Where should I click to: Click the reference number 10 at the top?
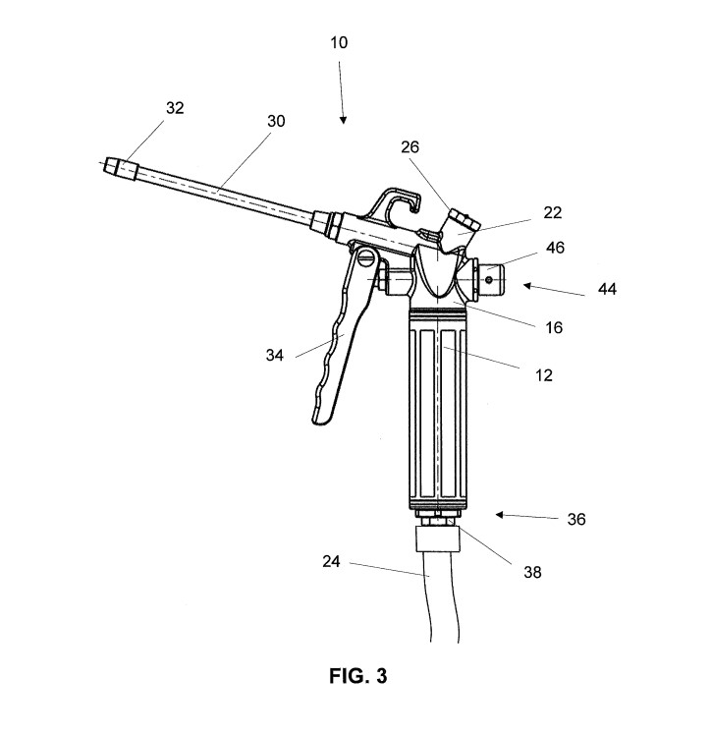[x=339, y=43]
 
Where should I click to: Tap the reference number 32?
[x=175, y=108]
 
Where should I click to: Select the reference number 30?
[x=276, y=121]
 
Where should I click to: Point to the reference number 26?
[x=410, y=147]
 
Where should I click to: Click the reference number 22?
[x=553, y=213]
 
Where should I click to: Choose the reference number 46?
[x=555, y=248]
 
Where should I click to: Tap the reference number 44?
[x=607, y=289]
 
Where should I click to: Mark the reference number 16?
[x=554, y=327]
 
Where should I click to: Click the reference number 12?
[x=544, y=375]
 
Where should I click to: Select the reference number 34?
[x=275, y=356]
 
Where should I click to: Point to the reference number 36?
[x=576, y=520]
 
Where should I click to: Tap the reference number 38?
[x=532, y=573]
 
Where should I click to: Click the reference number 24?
[x=331, y=562]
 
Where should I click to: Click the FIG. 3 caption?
[x=358, y=676]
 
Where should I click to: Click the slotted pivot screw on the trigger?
[x=366, y=256]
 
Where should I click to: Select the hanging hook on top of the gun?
[x=399, y=202]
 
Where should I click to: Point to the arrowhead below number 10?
[x=344, y=120]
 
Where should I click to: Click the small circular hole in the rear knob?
[x=489, y=280]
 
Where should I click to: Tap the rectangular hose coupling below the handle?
[x=438, y=539]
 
